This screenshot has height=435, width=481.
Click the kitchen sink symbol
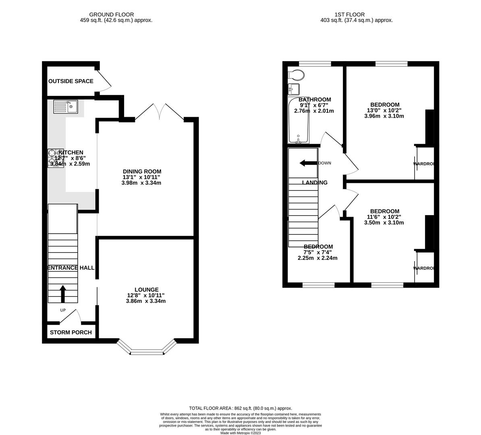[65, 107]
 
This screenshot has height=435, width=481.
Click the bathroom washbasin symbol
[293, 89]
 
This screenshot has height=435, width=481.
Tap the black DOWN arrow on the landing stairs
[308, 163]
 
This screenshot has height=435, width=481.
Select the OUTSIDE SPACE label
[70, 81]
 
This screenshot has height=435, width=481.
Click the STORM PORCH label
[70, 333]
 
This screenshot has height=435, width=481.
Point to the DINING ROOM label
[142, 172]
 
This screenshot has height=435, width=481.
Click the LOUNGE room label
[146, 290]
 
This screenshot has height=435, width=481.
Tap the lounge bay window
[147, 351]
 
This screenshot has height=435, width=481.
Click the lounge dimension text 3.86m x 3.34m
[146, 301]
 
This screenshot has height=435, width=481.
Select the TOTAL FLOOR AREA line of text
[240, 408]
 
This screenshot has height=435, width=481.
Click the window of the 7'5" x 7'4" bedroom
[318, 285]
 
